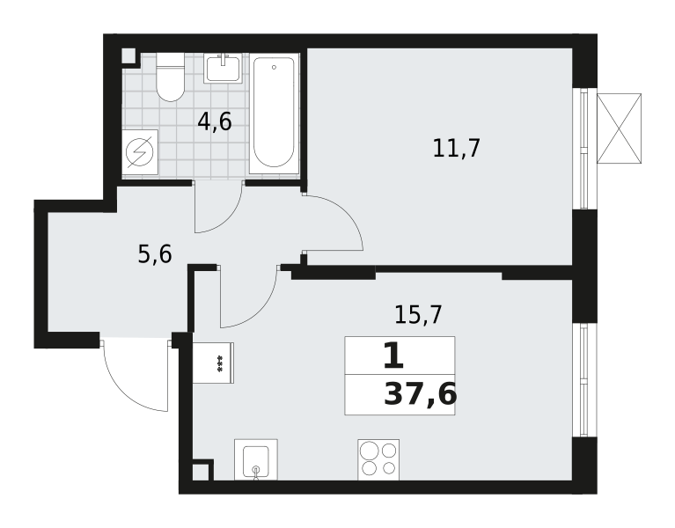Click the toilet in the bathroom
(x=171, y=77)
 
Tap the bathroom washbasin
(x=223, y=68)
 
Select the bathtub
(x=275, y=114)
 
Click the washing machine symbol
(x=140, y=152)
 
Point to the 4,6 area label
(x=215, y=121)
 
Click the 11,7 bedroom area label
(x=456, y=149)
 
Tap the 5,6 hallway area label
(x=155, y=254)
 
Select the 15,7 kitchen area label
(x=418, y=314)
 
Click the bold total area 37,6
(x=420, y=394)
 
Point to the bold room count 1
(x=393, y=356)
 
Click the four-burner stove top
(x=378, y=459)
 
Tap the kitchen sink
(x=256, y=459)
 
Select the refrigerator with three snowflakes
(x=213, y=363)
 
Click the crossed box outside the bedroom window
(x=619, y=128)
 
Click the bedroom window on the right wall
(x=584, y=149)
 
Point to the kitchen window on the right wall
(x=584, y=380)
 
